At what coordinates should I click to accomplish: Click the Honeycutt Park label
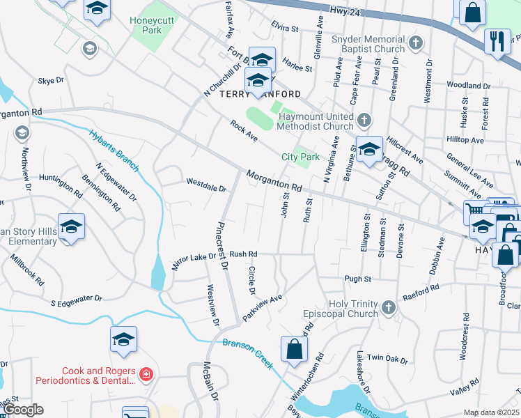(x=155, y=24)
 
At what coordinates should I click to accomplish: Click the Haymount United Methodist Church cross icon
(x=364, y=122)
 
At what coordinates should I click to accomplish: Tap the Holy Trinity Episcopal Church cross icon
(x=389, y=307)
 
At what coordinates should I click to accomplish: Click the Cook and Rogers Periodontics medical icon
(x=146, y=376)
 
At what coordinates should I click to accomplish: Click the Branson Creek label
(x=247, y=353)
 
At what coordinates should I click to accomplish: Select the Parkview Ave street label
(x=262, y=307)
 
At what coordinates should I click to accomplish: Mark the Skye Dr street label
(x=51, y=81)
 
